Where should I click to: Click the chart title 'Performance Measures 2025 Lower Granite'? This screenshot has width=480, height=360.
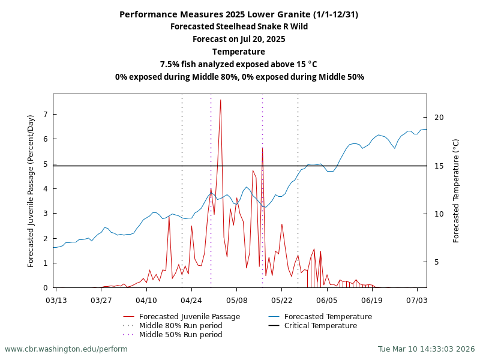[x=239, y=14]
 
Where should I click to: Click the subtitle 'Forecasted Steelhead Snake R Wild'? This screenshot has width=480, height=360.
[x=239, y=26]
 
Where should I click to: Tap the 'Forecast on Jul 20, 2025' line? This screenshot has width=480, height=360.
[x=239, y=39]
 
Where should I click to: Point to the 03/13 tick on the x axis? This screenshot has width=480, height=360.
[x=56, y=299]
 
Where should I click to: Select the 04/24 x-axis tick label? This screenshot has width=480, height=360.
[x=191, y=299]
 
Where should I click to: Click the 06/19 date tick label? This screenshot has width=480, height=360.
[x=371, y=299]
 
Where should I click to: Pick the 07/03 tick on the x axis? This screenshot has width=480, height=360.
[x=416, y=299]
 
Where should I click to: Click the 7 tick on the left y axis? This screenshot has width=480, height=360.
[x=46, y=114]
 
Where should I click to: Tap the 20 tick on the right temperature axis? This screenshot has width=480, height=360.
[x=439, y=117]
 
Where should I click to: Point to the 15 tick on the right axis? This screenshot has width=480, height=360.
[x=439, y=166]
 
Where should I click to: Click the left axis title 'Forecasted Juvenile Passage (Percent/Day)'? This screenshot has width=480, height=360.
[x=31, y=191]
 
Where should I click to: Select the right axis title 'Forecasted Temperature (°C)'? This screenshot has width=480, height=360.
[x=456, y=191]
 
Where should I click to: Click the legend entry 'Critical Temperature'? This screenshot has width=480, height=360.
[x=320, y=326]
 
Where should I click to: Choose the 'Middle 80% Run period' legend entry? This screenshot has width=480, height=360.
[x=181, y=326]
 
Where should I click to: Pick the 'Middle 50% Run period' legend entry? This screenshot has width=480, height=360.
[x=181, y=335]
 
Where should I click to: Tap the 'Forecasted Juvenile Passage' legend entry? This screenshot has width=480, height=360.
[x=189, y=317]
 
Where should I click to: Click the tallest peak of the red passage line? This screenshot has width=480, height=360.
[x=220, y=100]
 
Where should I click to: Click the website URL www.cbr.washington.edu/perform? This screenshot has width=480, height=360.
[x=66, y=349]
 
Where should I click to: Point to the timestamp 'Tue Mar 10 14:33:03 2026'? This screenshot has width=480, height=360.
[x=426, y=349]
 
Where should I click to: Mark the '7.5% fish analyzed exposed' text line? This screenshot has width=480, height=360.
[x=239, y=64]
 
